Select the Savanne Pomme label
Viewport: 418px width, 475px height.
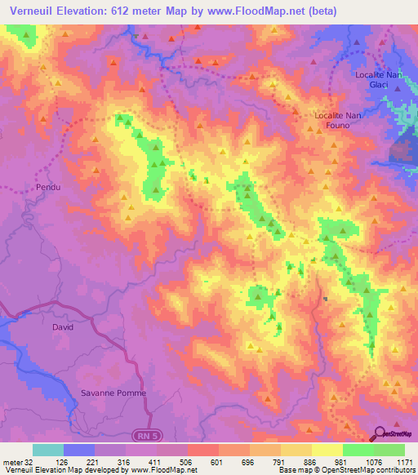click(x=113, y=393)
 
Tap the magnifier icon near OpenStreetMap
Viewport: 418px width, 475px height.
click(x=380, y=433)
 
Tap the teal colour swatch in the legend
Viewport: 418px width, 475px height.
click(x=48, y=450)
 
